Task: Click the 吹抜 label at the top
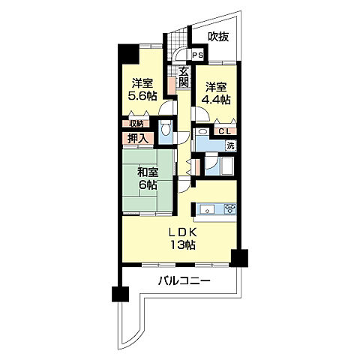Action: (218, 37)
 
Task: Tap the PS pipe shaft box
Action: (198, 55)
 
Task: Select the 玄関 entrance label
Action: (184, 77)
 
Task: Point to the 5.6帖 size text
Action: (142, 96)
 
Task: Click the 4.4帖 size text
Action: (216, 100)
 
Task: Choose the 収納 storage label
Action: (136, 124)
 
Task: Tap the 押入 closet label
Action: (138, 138)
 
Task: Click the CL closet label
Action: (225, 131)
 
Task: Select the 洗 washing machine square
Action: (231, 145)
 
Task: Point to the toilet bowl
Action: (166, 130)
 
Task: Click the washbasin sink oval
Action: (202, 131)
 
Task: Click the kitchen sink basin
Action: (207, 209)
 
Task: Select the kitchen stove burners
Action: (230, 209)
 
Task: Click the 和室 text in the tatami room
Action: (148, 172)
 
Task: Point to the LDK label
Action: (183, 232)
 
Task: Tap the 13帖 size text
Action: (183, 244)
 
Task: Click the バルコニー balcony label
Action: (184, 281)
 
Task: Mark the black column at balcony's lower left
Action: (120, 294)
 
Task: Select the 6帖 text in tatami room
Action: (148, 185)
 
